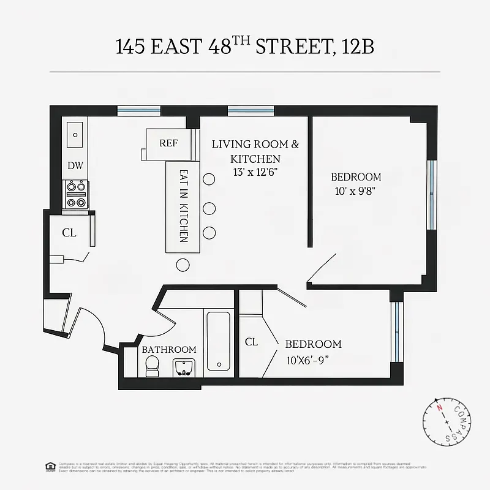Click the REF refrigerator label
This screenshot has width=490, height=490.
click(x=168, y=143)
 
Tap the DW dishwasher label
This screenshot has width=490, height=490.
click(x=75, y=165)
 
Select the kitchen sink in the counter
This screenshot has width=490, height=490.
click(x=76, y=134)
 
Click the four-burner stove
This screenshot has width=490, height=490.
click(x=76, y=194)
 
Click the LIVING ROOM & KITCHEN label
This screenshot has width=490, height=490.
click(x=255, y=151)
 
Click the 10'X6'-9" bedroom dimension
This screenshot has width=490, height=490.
click(x=313, y=360)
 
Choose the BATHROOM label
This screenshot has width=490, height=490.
click(x=169, y=349)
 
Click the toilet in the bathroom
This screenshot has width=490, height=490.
click(x=152, y=366)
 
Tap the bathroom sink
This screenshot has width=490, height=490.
click(x=183, y=367)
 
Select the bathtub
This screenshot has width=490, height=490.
click(x=218, y=341)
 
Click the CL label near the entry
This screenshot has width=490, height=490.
click(x=69, y=233)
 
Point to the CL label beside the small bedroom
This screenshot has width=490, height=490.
click(x=251, y=342)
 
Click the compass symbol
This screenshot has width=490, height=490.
click(x=447, y=423)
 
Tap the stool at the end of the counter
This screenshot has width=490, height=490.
click(x=183, y=265)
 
